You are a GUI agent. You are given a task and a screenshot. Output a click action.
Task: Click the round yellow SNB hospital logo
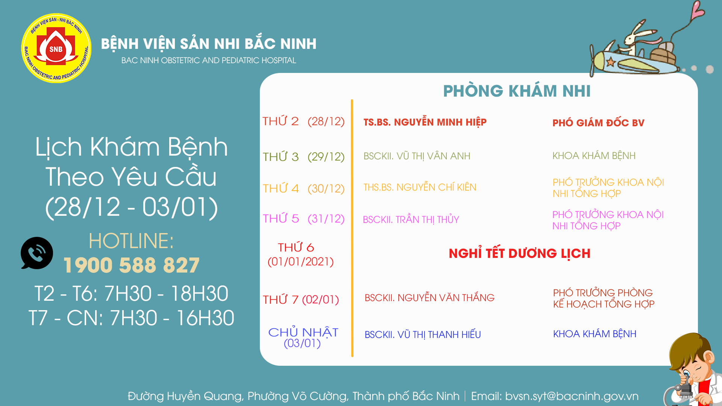tap(56, 48)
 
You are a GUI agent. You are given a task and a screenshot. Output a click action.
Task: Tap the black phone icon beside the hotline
tap(36, 253)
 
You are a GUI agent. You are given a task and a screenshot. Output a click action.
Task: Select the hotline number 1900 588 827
tap(131, 265)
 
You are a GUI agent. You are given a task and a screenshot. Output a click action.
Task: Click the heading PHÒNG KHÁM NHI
tap(517, 91)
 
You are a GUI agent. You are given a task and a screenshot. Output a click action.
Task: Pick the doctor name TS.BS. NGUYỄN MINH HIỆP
tap(425, 122)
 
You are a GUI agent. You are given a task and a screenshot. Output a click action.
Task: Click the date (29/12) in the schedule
tap(326, 157)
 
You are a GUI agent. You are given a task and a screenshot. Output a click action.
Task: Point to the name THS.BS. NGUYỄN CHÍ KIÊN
tap(420, 187)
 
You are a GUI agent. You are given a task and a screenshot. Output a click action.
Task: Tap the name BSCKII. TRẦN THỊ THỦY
tap(411, 219)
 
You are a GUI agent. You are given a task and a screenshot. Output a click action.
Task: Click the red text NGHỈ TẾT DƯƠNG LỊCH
tap(519, 253)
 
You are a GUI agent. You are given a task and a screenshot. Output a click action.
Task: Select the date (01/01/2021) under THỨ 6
tap(300, 262)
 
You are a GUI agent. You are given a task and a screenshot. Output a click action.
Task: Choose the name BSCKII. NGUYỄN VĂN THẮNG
tap(429, 297)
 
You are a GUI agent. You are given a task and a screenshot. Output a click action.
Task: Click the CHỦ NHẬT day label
tap(303, 332)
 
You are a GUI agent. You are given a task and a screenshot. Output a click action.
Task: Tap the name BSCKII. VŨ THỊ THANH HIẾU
tap(423, 334)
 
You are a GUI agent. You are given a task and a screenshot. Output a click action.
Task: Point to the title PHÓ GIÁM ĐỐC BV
tap(598, 123)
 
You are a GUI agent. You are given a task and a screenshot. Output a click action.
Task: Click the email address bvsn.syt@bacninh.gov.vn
tap(572, 396)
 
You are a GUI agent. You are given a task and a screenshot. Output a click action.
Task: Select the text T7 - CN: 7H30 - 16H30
tap(131, 318)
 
